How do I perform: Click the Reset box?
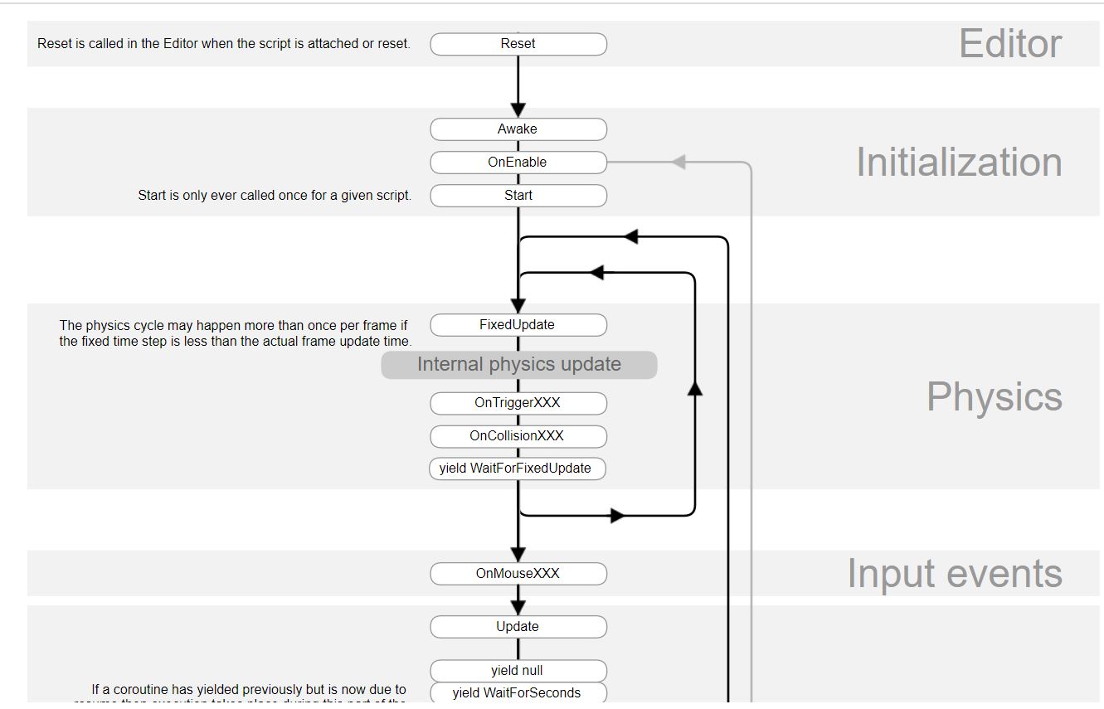(518, 44)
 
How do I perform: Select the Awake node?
(518, 129)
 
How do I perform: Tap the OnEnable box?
(518, 163)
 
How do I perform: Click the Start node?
(518, 196)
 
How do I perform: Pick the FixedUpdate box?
(518, 325)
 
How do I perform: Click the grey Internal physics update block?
(519, 365)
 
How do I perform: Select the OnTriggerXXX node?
(518, 403)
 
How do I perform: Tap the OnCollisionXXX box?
(518, 436)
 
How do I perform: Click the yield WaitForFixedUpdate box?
(517, 469)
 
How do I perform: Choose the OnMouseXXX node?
(518, 574)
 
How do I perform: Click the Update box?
(518, 627)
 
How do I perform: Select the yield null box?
(518, 671)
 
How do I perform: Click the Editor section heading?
(1009, 44)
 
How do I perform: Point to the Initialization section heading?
(959, 163)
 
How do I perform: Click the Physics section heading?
(994, 397)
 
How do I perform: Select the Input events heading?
(954, 574)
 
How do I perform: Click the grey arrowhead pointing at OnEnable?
(678, 162)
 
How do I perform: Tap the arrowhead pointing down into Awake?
(518, 109)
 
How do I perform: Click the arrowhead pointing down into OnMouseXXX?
(518, 553)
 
